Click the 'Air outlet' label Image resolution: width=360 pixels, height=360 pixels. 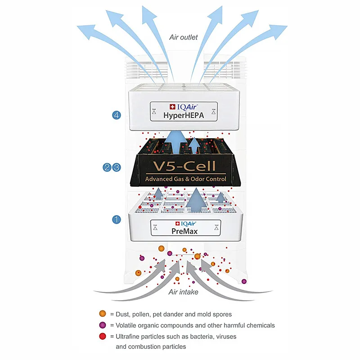tap(183, 37)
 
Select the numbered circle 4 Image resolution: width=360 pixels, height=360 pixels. tap(116, 116)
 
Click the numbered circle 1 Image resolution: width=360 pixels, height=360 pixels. tap(116, 220)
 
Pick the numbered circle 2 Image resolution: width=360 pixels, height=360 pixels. tap(108, 167)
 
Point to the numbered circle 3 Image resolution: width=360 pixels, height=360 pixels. tap(117, 167)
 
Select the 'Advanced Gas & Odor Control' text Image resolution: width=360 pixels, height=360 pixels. tap(185, 180)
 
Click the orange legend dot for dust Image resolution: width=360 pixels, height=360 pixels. tap(103, 314)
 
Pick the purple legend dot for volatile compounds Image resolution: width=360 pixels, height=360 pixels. tap(103, 325)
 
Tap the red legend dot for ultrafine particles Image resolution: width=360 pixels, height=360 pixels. tap(103, 336)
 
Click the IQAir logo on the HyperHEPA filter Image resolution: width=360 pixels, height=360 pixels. tap(183, 107)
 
